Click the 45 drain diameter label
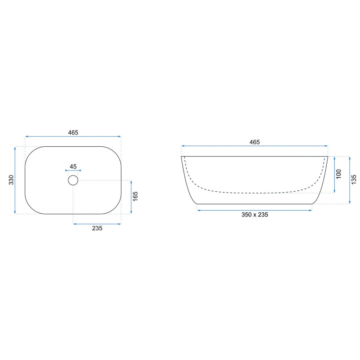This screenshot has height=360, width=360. pos(73,166)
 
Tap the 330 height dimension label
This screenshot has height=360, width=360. pos(11,180)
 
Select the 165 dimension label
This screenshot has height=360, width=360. pos(135,197)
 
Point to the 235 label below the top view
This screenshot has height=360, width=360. pos(97,228)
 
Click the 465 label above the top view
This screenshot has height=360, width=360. pos(73,132)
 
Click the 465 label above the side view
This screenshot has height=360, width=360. pos(255,142)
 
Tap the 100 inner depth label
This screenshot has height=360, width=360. pos(339,174)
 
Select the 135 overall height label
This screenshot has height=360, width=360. pos(354,180)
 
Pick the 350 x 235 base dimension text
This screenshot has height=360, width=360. pos(255,215)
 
